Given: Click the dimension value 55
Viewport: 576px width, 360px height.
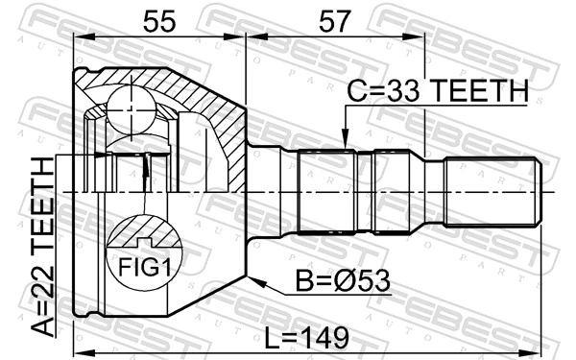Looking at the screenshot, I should click(159, 19).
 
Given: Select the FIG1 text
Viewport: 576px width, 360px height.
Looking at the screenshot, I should click(144, 265).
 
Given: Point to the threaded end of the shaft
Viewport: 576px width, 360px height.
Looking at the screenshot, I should click(490, 192).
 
